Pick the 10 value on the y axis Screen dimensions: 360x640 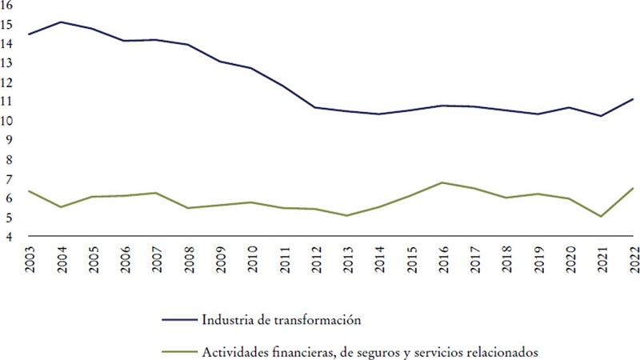(x=8, y=121)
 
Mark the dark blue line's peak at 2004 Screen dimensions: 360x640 (x=62, y=22)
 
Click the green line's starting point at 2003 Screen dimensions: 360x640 (x=30, y=191)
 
